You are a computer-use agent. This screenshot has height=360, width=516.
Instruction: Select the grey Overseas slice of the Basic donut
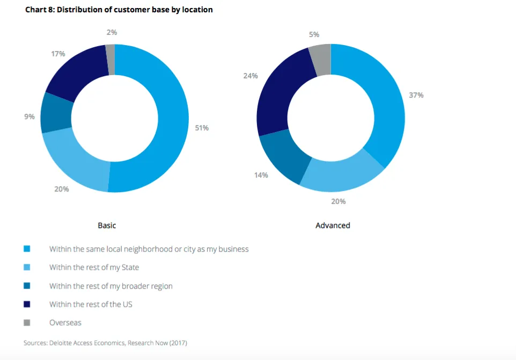[110, 53]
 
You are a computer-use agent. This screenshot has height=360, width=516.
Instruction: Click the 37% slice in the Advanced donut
[384, 107]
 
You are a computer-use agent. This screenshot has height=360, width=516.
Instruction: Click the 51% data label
[202, 128]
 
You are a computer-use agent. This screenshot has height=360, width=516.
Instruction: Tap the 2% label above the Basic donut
[112, 32]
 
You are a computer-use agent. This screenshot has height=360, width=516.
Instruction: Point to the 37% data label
[416, 95]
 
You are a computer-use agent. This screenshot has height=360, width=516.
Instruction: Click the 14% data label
[261, 175]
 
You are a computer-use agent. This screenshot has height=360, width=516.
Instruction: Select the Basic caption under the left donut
[107, 225]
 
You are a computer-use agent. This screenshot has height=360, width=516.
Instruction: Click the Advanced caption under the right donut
[333, 225]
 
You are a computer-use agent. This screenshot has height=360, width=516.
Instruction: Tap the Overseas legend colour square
[27, 322]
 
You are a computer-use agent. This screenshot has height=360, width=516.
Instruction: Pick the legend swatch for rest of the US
[27, 304]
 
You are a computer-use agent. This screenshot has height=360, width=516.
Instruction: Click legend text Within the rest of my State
[94, 267]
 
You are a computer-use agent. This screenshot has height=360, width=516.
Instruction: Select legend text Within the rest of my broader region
[111, 286]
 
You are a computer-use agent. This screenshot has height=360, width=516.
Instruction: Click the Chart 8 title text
[119, 10]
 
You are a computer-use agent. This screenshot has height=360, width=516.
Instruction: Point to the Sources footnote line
[105, 342]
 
